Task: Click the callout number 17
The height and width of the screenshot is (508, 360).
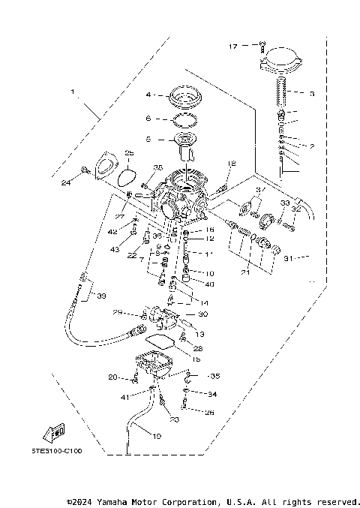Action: [233, 47]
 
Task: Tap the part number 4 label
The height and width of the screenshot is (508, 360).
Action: [149, 95]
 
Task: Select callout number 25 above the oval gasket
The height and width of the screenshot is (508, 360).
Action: [128, 154]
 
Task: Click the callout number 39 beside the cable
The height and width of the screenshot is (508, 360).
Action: [100, 296]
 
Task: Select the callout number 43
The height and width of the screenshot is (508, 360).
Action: [114, 249]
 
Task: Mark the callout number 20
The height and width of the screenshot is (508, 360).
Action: [112, 377]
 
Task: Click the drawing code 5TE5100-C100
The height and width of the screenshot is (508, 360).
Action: [56, 451]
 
